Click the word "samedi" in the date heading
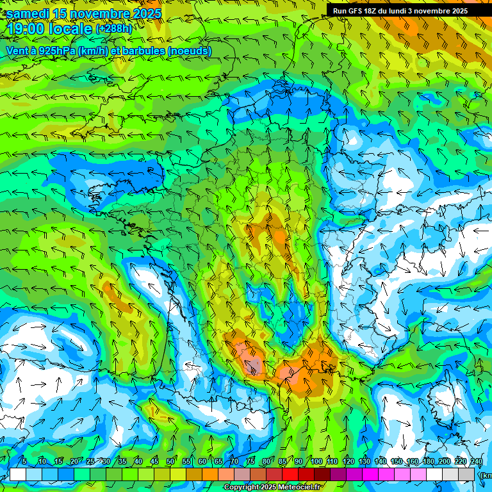click(x=28, y=13)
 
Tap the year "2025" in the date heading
click(x=145, y=13)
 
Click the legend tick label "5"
click(x=24, y=462)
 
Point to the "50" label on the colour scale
click(x=170, y=462)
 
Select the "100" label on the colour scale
click(x=316, y=462)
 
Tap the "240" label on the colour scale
click(x=477, y=462)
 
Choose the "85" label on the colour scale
click(x=283, y=462)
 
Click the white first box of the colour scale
click(x=17, y=474)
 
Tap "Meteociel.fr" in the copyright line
click(x=299, y=487)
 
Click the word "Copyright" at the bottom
click(x=242, y=487)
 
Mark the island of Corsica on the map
click(x=441, y=400)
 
